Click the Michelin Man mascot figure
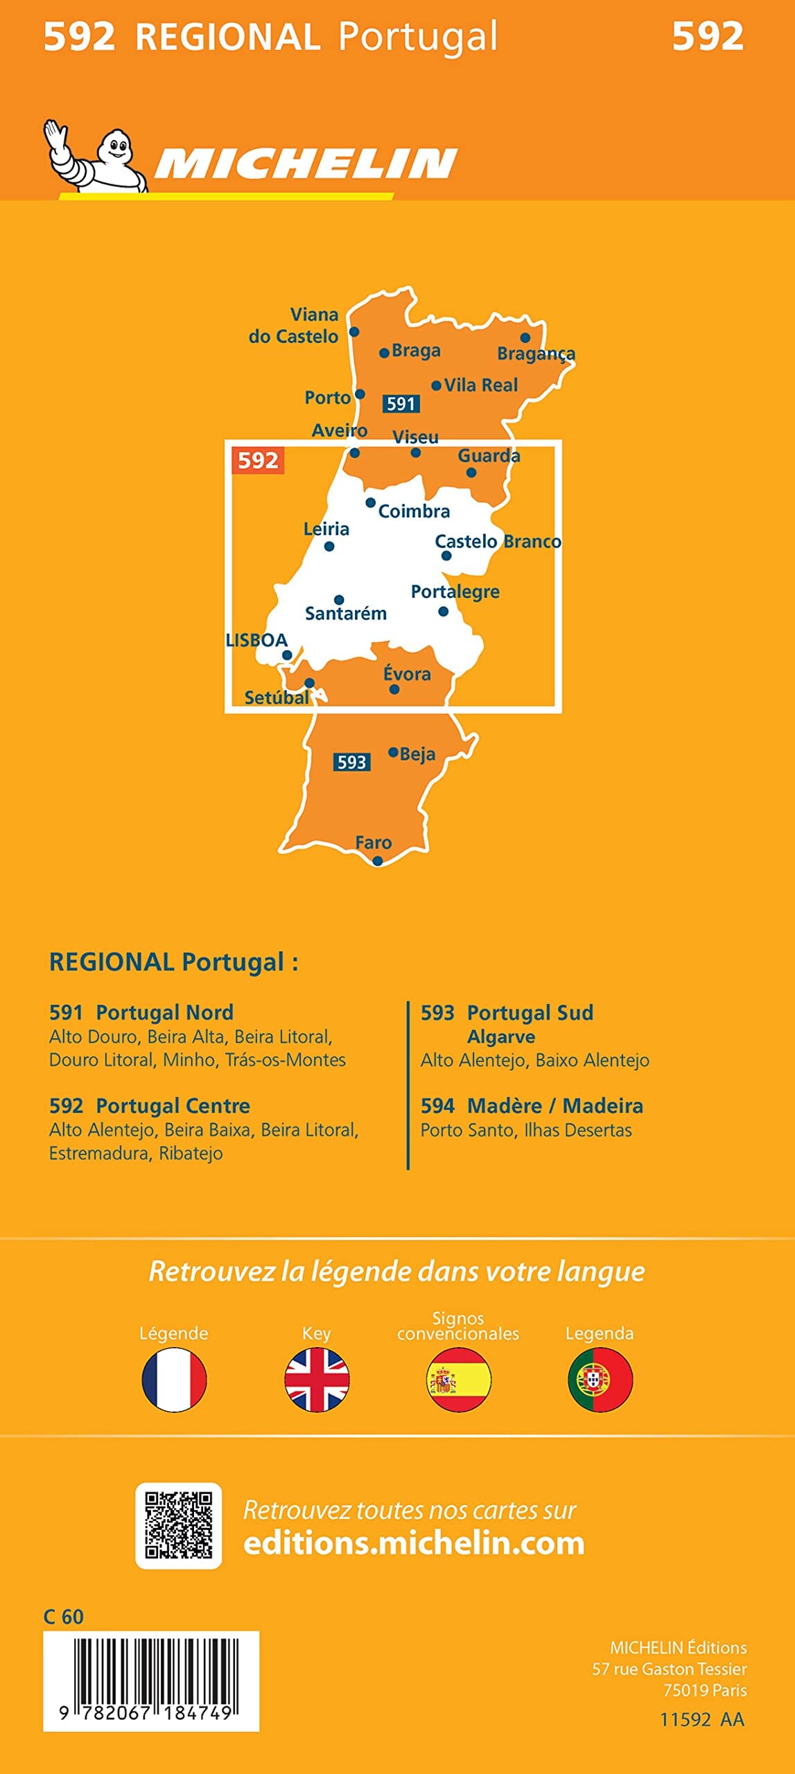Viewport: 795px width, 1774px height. [97, 157]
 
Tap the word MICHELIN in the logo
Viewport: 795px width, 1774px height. [305, 164]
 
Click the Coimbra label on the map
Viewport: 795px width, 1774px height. [414, 511]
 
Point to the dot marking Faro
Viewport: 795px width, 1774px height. [377, 861]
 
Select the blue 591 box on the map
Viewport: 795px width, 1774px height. [401, 403]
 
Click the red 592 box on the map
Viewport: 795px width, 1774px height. [258, 460]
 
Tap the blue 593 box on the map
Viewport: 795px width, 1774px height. [351, 762]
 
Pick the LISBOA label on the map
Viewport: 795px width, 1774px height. [256, 640]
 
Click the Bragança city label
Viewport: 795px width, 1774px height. [536, 354]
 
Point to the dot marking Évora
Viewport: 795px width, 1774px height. [394, 689]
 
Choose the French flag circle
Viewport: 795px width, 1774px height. [174, 1380]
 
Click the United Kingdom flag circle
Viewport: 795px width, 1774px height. [317, 1380]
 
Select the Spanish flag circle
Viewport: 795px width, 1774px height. [458, 1380]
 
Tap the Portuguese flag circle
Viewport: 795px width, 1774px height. [600, 1380]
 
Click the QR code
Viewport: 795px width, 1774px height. [178, 1527]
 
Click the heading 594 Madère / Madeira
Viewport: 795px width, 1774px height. [532, 1106]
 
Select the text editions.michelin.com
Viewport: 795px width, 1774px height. [414, 1544]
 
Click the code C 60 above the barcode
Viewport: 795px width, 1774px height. [63, 1617]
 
